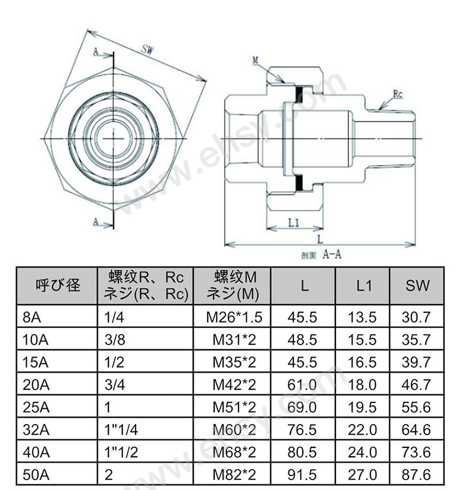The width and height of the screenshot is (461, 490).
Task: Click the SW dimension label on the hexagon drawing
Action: pyautogui.click(x=148, y=50)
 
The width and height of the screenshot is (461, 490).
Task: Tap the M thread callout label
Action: pyautogui.click(x=256, y=60)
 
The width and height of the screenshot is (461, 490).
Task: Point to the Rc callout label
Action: pyautogui.click(x=397, y=94)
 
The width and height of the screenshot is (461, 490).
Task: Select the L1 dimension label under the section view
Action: pyautogui.click(x=294, y=222)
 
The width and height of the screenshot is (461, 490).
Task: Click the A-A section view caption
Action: pyautogui.click(x=322, y=255)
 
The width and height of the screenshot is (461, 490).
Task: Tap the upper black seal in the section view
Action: pyautogui.click(x=299, y=94)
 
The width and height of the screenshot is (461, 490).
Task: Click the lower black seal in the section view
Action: pyautogui.click(x=299, y=183)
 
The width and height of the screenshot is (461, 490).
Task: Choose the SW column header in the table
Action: pyautogui.click(x=417, y=285)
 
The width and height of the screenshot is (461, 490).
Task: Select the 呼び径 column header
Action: pyautogui.click(x=58, y=285)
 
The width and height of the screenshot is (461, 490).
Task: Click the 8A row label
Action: pyautogui.click(x=32, y=317)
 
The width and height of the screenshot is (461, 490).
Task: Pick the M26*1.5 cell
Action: pyautogui.click(x=234, y=317)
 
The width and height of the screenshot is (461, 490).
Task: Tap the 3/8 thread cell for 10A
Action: pyautogui.click(x=115, y=339)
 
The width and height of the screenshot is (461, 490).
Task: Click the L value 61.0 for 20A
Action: pyautogui.click(x=302, y=384)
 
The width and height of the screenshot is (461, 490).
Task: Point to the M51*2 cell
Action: pyautogui.click(x=234, y=407)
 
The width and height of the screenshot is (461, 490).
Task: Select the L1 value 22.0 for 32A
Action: pyautogui.click(x=362, y=430)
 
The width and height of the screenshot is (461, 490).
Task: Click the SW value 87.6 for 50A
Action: pyautogui.click(x=416, y=475)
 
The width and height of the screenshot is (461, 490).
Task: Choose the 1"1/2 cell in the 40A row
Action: pyautogui.click(x=121, y=452)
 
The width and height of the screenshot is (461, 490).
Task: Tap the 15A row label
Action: pyautogui.click(x=36, y=362)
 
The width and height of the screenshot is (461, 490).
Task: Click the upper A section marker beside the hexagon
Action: pyautogui.click(x=96, y=51)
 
